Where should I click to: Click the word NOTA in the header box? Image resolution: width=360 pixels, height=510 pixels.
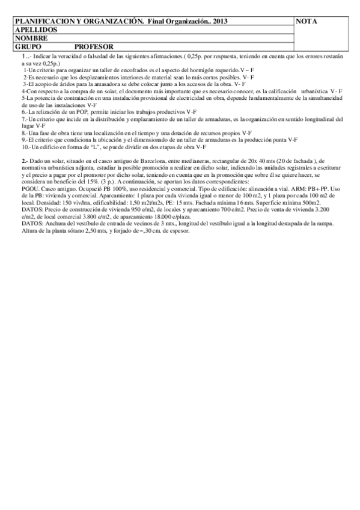click(307, 22)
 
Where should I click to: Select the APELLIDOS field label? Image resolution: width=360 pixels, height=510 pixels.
click(35, 29)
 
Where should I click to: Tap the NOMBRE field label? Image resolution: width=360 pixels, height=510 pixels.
click(31, 37)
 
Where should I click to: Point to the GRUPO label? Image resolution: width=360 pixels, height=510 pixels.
click(28, 46)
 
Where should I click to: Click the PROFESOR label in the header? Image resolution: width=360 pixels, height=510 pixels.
click(94, 46)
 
